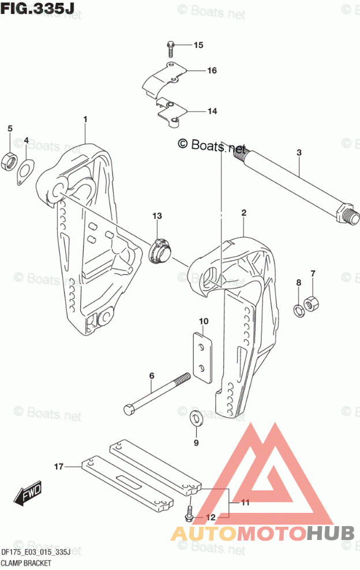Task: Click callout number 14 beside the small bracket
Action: tap(212, 111)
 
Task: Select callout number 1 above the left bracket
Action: tap(85, 119)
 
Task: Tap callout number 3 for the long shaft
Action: tap(299, 152)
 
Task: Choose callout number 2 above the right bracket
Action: tap(244, 213)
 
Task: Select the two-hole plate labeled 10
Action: tap(202, 355)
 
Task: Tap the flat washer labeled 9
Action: tap(196, 418)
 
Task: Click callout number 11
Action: tap(245, 502)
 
